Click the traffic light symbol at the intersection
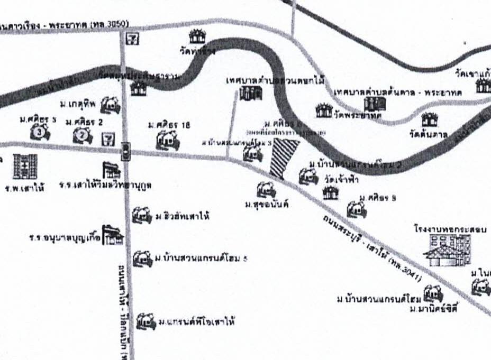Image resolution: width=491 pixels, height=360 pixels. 126,151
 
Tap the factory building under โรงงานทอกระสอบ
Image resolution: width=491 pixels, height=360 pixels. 449,250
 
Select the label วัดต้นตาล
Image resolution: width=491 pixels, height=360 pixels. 429,134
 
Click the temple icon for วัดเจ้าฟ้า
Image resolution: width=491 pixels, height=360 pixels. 330,193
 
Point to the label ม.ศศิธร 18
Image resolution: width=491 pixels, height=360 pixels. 169,125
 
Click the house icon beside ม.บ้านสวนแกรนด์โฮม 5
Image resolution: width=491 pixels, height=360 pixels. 142,258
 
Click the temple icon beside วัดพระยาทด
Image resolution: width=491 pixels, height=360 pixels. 323,110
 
